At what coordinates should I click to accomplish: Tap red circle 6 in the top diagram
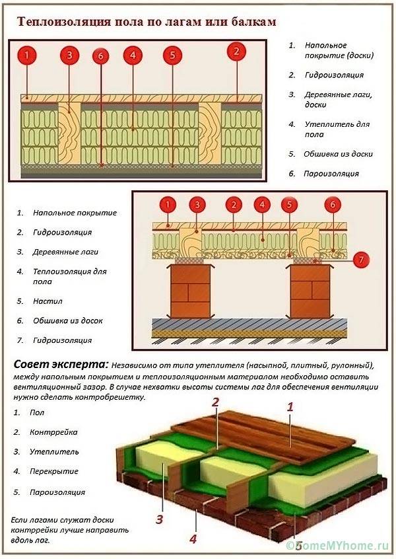pyautogui.click(x=100, y=57)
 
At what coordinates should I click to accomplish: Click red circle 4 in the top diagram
pyautogui.click(x=133, y=56)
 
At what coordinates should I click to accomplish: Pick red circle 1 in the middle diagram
pyautogui.click(x=168, y=204)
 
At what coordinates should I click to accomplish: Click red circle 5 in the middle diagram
pyautogui.click(x=288, y=205)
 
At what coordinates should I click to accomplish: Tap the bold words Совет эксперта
pyautogui.click(x=60, y=365)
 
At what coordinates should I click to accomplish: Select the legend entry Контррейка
pyautogui.click(x=53, y=432)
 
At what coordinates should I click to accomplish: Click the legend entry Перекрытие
pyautogui.click(x=53, y=472)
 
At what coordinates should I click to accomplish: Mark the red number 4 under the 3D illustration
pyautogui.click(x=193, y=539)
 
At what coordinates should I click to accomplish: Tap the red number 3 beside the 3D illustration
pyautogui.click(x=159, y=519)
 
